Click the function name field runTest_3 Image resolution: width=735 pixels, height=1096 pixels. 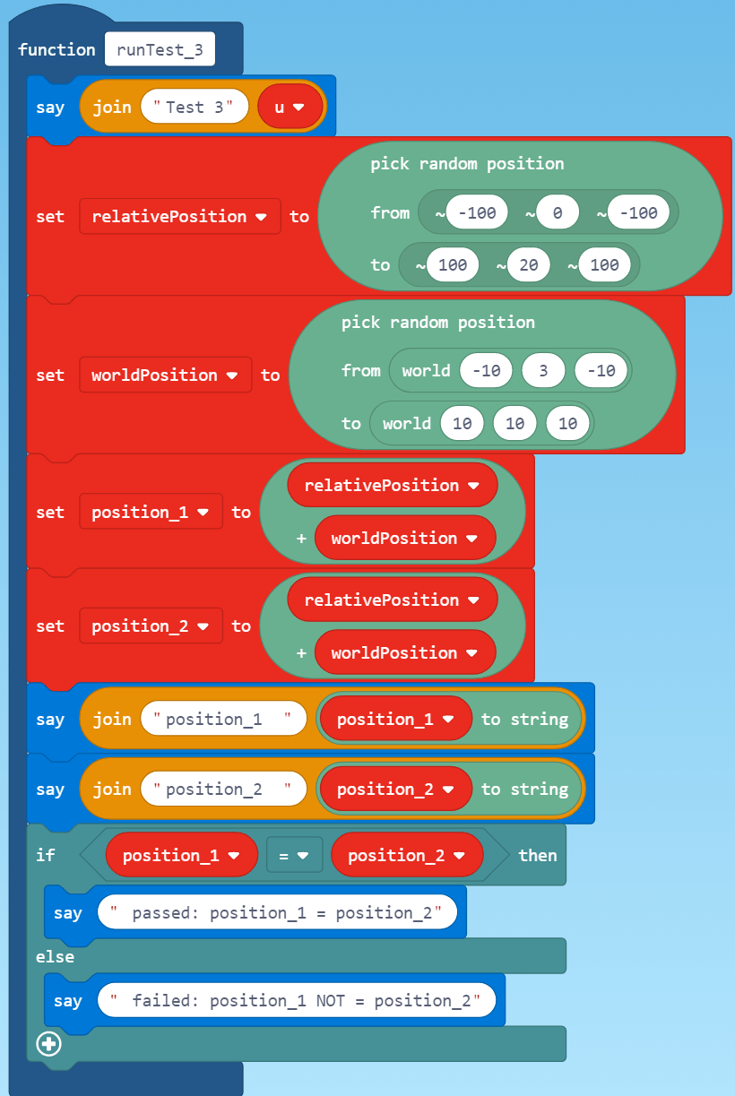pyautogui.click(x=160, y=49)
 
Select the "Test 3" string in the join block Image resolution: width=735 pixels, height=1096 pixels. pyautogui.click(x=194, y=108)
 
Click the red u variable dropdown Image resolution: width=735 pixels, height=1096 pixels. pyautogui.click(x=290, y=108)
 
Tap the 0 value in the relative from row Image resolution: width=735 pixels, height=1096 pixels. pyautogui.click(x=556, y=213)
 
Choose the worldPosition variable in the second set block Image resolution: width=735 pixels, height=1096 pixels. pyautogui.click(x=165, y=375)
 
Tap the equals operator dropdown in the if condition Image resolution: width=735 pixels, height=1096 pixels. pyautogui.click(x=293, y=856)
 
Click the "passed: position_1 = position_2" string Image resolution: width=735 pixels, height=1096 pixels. pyautogui.click(x=277, y=913)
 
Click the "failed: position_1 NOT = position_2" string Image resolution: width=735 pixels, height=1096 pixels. pyautogui.click(x=296, y=1001)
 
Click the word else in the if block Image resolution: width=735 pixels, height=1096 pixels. pyautogui.click(x=55, y=957)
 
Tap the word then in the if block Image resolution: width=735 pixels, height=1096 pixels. pyautogui.click(x=537, y=856)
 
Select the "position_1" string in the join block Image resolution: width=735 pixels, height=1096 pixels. pyautogui.click(x=223, y=719)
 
